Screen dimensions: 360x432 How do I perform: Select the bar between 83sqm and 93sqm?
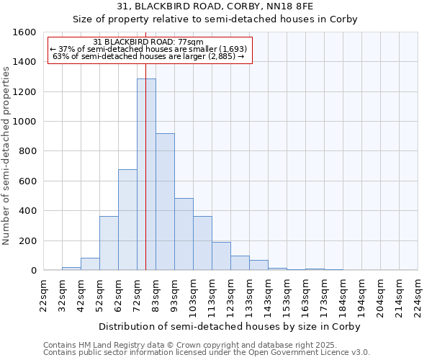coord(165,202)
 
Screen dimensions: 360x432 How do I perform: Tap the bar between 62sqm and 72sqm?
coord(127,220)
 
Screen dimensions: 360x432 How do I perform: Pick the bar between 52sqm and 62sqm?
coord(109,243)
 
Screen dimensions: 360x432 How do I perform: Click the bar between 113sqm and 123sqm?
coord(221,256)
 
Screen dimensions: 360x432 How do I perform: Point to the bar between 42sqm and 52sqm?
coord(90,264)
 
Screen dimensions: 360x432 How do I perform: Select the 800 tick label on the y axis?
coord(27,151)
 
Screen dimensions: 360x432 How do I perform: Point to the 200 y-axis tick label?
coord(27,240)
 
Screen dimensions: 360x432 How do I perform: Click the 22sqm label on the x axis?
coord(43,296)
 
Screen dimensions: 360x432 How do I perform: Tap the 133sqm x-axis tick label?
coord(249,296)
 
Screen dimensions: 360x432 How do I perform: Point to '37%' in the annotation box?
coord(66,49)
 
